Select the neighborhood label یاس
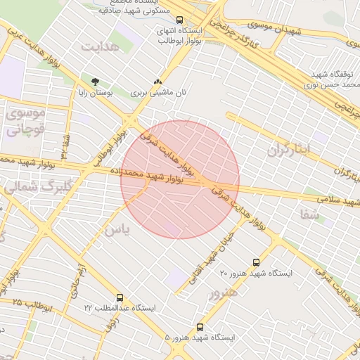(117, 229)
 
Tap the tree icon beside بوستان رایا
(95, 82)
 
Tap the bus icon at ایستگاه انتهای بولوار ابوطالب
(180, 20)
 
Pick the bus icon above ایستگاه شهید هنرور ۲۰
(255, 262)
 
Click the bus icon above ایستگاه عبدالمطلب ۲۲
(120, 298)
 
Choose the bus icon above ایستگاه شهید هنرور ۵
(200, 327)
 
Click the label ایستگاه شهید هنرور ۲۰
(255, 272)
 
